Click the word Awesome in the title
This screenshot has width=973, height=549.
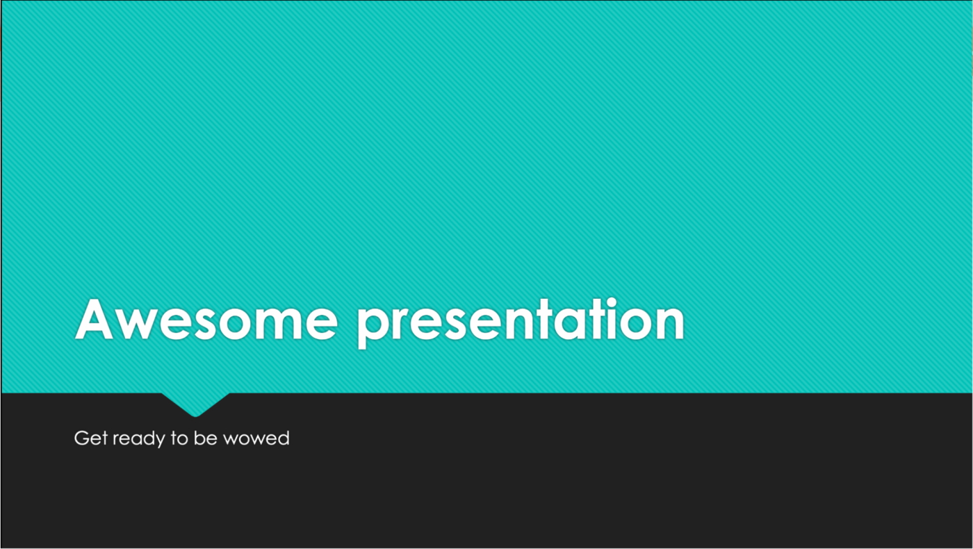click(206, 319)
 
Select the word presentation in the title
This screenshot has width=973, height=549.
click(521, 322)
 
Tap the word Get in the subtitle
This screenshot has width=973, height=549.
click(91, 438)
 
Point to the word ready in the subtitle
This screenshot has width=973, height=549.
click(139, 439)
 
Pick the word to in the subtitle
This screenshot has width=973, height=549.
click(179, 439)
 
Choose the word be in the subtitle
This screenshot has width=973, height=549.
click(206, 438)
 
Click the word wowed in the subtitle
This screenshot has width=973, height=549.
click(256, 438)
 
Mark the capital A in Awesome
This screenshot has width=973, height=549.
click(95, 319)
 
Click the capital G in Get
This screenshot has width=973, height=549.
click(82, 438)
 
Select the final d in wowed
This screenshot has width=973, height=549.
click(284, 438)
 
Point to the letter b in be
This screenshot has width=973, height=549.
click(199, 438)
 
